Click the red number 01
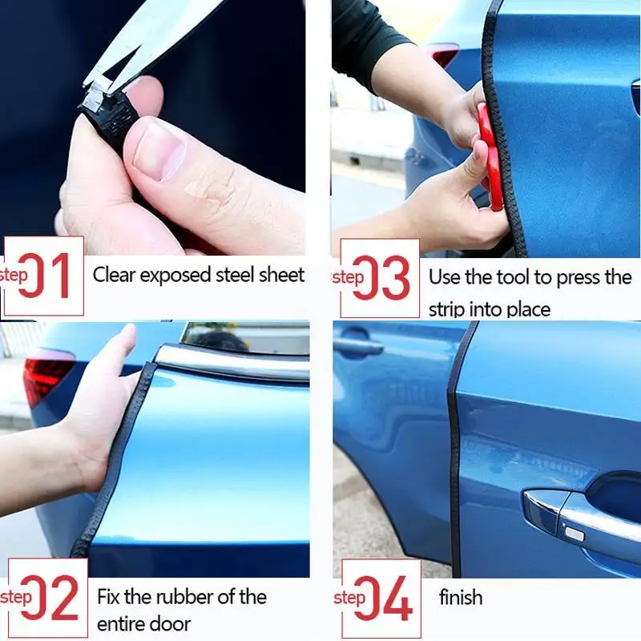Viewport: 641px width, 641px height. click(x=44, y=275)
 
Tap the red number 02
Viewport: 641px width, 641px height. click(x=50, y=598)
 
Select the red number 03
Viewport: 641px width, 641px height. click(x=381, y=278)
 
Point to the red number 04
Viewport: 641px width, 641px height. click(x=383, y=599)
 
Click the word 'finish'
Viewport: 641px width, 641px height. click(x=461, y=597)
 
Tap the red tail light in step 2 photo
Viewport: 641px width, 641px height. click(x=46, y=380)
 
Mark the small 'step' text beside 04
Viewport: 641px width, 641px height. click(x=349, y=598)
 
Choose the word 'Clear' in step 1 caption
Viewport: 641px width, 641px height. click(x=114, y=275)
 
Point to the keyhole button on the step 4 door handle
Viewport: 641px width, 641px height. click(x=574, y=534)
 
